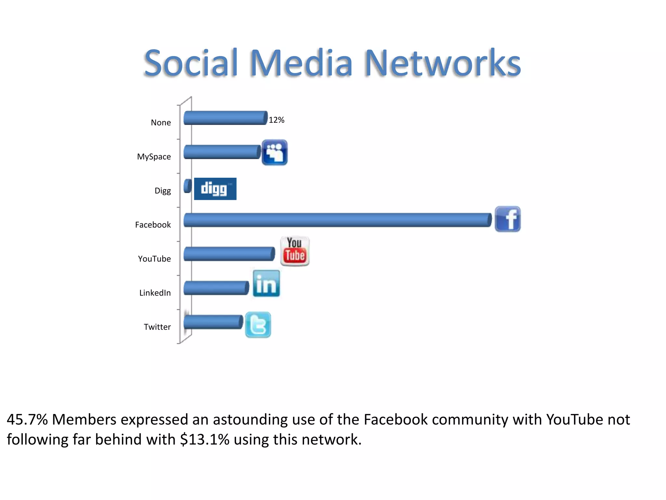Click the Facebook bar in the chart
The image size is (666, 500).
point(338,220)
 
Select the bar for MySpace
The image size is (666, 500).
point(222,152)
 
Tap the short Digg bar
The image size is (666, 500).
point(187,186)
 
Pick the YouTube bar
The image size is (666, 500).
point(229,254)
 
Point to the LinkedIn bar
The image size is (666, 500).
point(216,288)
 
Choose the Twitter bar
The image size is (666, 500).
point(213,322)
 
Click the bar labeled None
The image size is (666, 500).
point(225,118)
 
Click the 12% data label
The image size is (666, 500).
point(276,120)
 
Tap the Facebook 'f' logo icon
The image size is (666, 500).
point(508,219)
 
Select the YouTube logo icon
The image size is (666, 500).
point(295,251)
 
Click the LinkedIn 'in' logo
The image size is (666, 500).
point(266,284)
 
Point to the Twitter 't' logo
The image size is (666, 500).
point(258,325)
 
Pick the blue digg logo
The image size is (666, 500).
point(215,189)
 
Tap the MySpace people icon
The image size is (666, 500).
point(274,152)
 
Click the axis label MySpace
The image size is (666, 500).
point(154,157)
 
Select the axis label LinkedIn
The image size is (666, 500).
point(155,293)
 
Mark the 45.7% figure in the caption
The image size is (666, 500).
point(27,420)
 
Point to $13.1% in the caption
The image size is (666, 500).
point(205,439)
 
